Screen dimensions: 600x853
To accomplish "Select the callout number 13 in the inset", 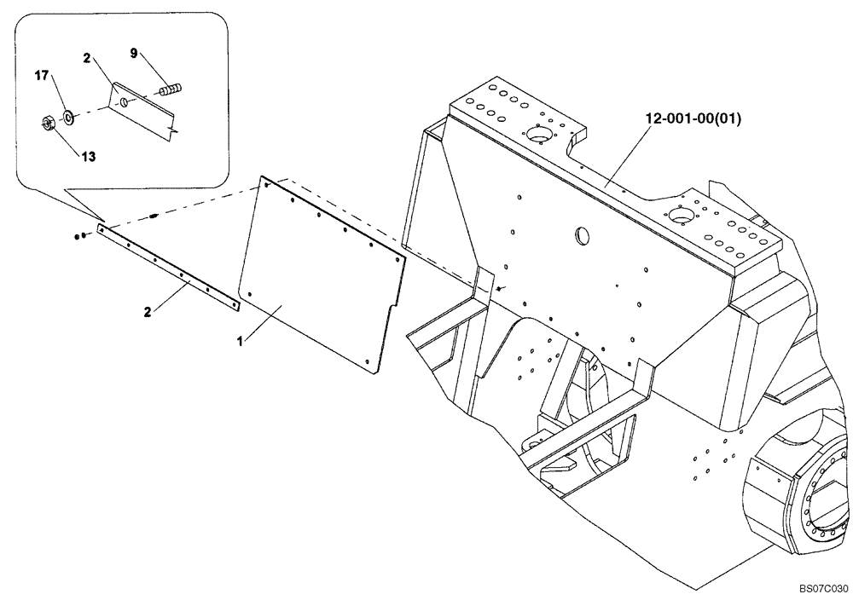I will coord(89,156).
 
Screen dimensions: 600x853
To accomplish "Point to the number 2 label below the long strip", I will coord(148,313).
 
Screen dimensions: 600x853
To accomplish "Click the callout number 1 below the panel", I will coord(241,341).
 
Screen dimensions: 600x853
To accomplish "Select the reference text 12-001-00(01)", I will coord(693,119).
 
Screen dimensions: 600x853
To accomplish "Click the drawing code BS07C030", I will coord(823,589).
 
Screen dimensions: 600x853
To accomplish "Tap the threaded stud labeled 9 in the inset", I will coord(171,88).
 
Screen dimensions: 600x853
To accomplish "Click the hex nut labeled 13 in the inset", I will coord(48,124).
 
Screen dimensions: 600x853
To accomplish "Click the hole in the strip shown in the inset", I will coord(125,102).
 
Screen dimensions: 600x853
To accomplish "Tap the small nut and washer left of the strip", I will coord(78,235).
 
